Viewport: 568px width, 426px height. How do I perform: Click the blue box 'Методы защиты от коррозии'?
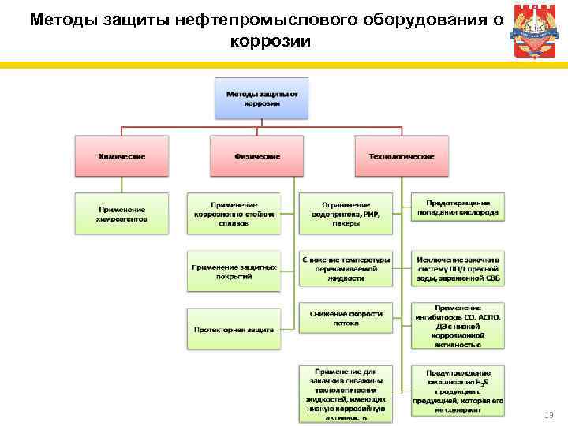tap(262, 99)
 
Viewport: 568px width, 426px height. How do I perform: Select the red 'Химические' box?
tap(121, 155)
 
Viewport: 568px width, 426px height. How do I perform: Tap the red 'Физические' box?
tap(256, 155)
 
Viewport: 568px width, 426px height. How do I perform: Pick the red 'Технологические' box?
tap(402, 155)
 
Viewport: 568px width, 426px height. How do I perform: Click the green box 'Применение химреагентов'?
tap(121, 213)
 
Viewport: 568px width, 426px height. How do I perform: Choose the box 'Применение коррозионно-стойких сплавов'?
tap(234, 213)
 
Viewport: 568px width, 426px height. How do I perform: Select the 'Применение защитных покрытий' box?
tap(234, 271)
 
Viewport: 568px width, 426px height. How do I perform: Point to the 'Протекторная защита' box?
tap(234, 329)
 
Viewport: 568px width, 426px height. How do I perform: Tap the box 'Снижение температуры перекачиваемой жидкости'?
tap(346, 269)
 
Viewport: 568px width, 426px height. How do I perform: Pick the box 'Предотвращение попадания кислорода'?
tap(458, 207)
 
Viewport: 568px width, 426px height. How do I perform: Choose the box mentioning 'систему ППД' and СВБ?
tap(458, 269)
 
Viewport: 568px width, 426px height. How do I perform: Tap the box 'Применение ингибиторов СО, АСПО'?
tap(458, 325)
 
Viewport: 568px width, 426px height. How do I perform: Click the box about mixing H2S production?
tap(458, 391)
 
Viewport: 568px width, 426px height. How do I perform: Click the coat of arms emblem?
tap(533, 32)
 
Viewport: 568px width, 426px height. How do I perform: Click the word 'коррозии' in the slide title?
tap(271, 40)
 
